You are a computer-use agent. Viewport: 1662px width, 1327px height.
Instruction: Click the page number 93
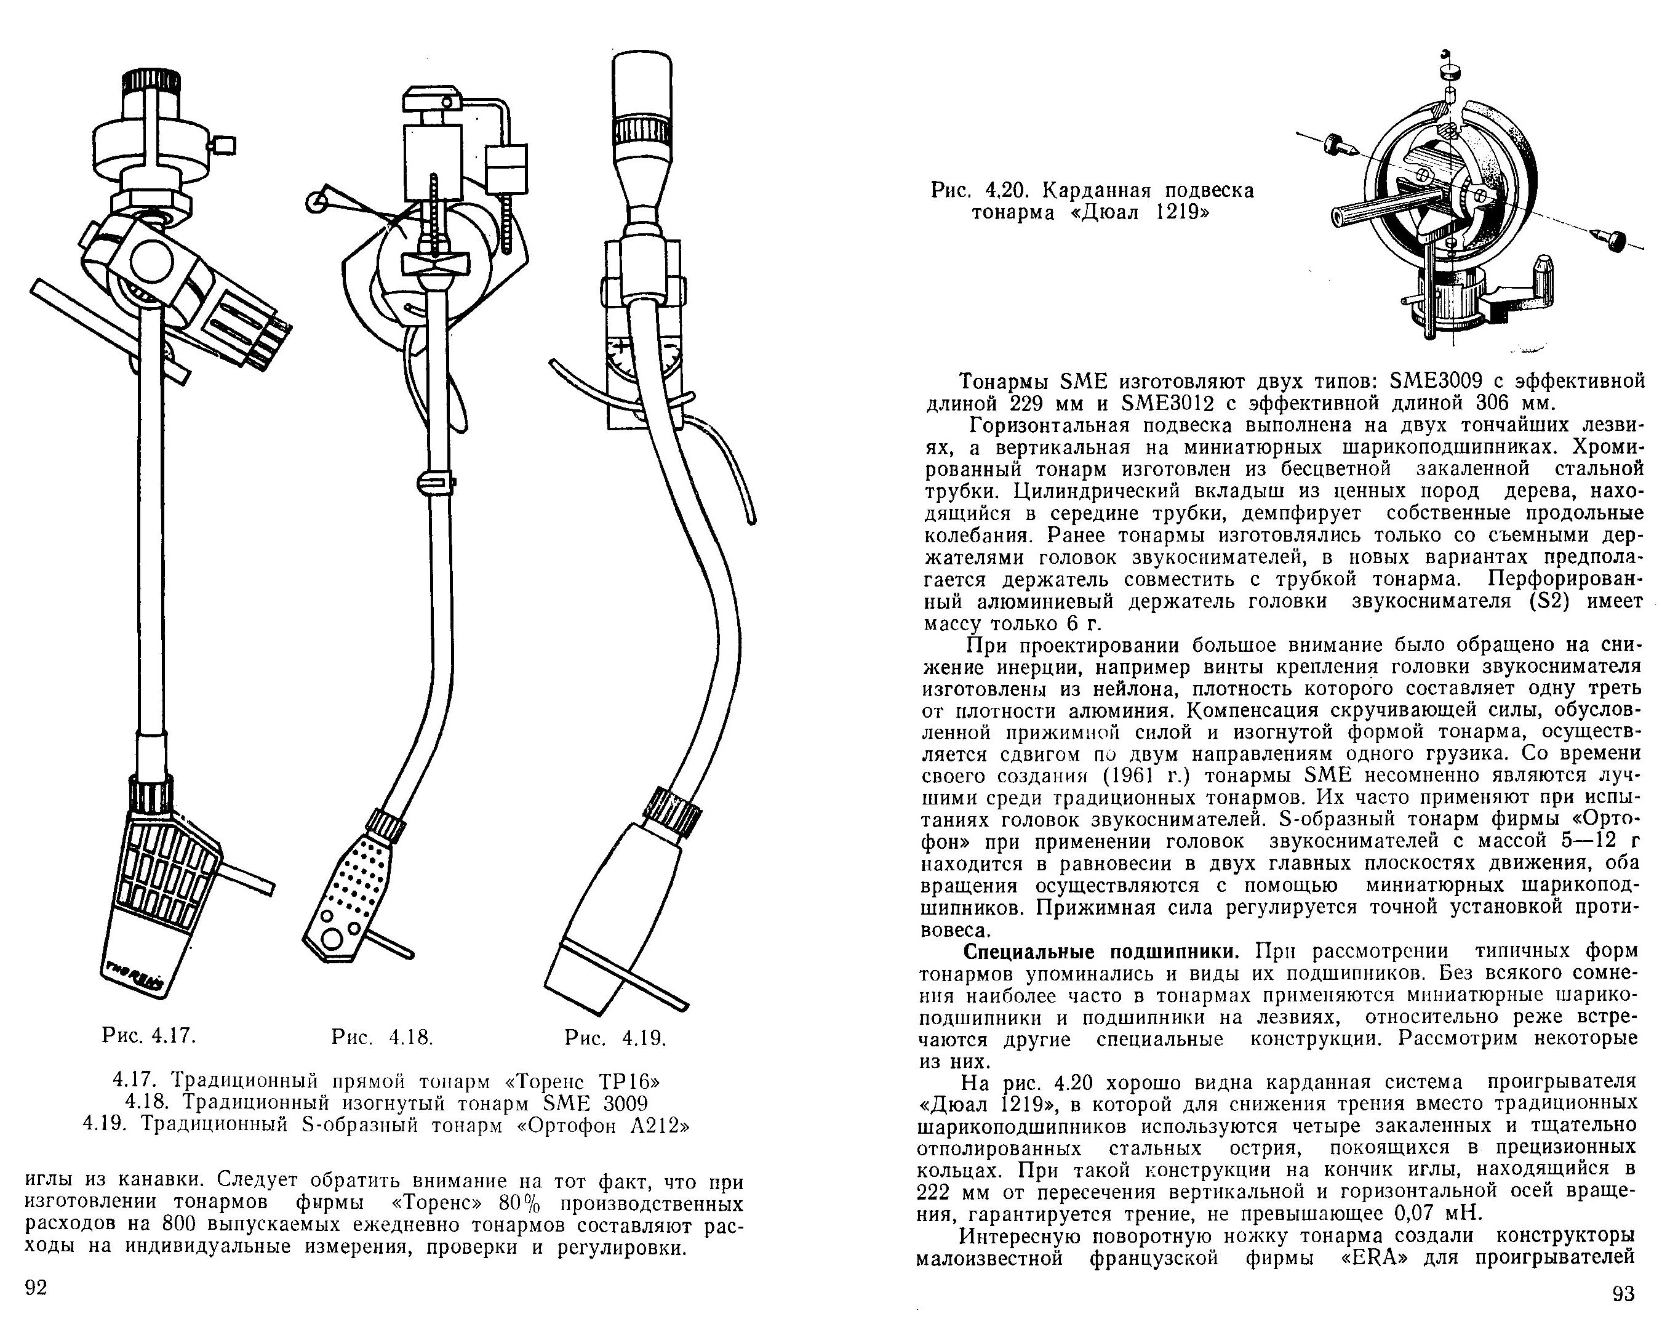1623,1294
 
